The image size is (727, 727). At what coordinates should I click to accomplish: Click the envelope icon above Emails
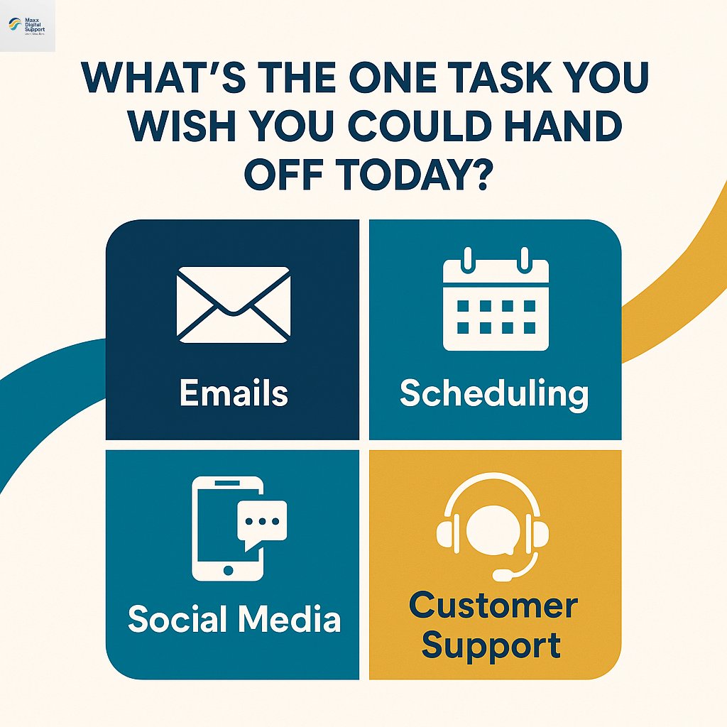234,304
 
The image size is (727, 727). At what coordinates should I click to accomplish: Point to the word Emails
234,393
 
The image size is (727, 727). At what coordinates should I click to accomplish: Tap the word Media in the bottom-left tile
289,618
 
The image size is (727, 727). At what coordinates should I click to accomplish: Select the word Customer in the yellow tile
494,606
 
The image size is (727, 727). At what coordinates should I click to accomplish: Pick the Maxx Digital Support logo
27,26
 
